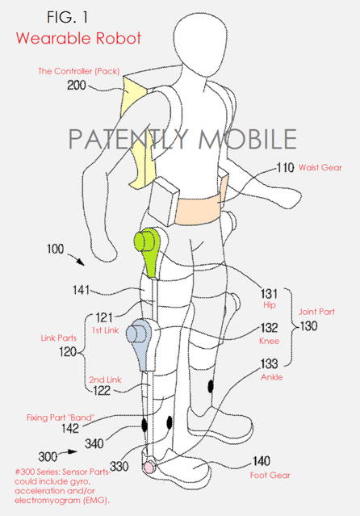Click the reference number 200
tap(77, 86)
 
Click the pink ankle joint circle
tap(149, 467)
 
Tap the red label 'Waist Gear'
tap(320, 167)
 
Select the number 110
tap(285, 167)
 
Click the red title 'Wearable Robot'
tap(78, 38)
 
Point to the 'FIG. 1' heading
tap(68, 17)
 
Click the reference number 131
tap(269, 293)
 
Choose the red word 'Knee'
tap(269, 341)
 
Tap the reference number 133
tap(269, 363)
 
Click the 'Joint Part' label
tap(316, 312)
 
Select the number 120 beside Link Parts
tap(68, 352)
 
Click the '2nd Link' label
tap(105, 380)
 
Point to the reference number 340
tap(94, 443)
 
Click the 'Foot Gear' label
tap(270, 475)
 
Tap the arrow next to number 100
tap(76, 259)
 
